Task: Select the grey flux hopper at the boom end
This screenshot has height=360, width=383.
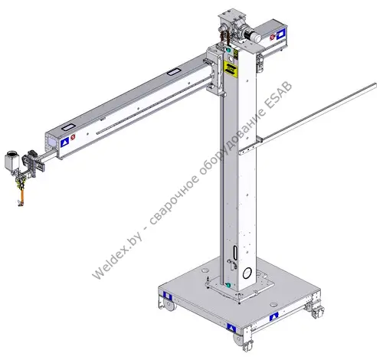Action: click(12, 160)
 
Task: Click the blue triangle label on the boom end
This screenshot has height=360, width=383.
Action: click(65, 142)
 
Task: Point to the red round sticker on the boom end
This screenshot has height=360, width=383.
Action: click(73, 137)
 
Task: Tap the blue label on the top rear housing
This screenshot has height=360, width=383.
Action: click(280, 34)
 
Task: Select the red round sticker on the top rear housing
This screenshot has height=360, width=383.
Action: click(272, 38)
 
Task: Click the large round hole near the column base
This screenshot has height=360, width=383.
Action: click(247, 273)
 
